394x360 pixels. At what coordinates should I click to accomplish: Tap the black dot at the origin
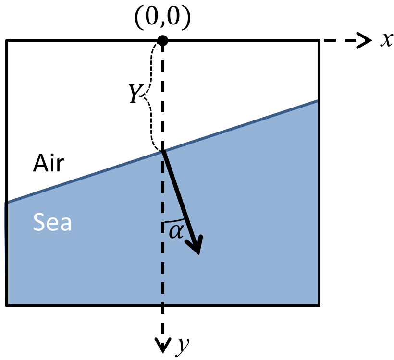(163, 40)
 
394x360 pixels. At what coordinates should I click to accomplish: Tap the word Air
(48, 164)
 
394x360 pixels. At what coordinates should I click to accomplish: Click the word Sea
(52, 222)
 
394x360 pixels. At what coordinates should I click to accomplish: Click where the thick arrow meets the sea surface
(163, 151)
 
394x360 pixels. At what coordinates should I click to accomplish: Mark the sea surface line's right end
(319, 100)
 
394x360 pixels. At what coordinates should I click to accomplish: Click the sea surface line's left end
(6, 203)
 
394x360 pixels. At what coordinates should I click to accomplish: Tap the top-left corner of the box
(6, 40)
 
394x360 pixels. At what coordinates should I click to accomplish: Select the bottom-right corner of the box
(319, 304)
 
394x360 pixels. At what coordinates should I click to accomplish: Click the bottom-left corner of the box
(6, 304)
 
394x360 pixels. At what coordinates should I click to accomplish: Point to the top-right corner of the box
(319, 40)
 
